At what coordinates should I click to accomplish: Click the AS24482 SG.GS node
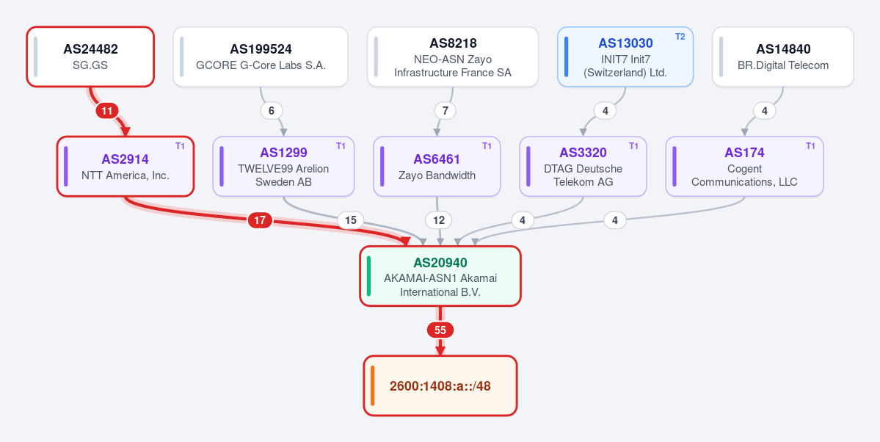[x=90, y=57]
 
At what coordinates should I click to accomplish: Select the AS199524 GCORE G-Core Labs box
[x=261, y=57]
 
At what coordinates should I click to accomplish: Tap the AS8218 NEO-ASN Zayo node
[x=453, y=57]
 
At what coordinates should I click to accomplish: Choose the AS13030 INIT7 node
[x=625, y=57]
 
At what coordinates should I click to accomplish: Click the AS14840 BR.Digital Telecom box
[x=783, y=57]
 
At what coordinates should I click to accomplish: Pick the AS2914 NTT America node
[x=126, y=166]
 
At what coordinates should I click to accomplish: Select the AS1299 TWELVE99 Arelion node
[x=283, y=166]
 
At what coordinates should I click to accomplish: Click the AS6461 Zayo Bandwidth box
[x=437, y=166]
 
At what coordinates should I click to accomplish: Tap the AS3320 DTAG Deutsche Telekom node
[x=583, y=166]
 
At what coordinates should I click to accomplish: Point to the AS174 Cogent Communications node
[x=744, y=166]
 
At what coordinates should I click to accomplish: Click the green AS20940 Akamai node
[x=440, y=276]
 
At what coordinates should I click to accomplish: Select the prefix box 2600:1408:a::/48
[x=440, y=386]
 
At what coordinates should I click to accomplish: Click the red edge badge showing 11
[x=106, y=111]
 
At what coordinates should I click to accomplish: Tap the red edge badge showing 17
[x=260, y=221]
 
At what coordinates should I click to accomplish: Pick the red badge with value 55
[x=440, y=330]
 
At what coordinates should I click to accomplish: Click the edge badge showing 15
[x=350, y=221]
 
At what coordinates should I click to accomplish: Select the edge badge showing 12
[x=438, y=221]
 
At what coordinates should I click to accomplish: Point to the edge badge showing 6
[x=271, y=111]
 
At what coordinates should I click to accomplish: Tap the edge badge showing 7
[x=445, y=111]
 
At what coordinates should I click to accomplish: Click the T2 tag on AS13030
[x=680, y=37]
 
